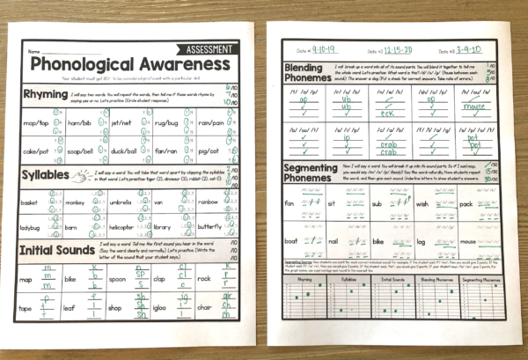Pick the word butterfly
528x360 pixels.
click(x=208, y=227)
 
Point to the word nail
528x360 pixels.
click(x=332, y=239)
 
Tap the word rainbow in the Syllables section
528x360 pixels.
click(x=208, y=202)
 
